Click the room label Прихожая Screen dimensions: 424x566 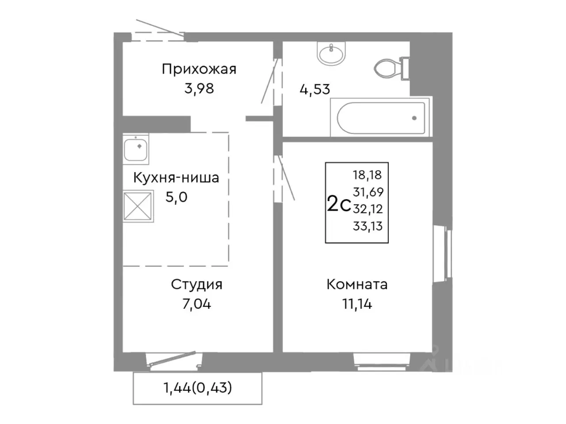[199, 69]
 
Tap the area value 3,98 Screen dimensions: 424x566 [199, 88]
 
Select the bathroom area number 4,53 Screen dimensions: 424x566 [315, 89]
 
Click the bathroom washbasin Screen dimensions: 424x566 [331, 54]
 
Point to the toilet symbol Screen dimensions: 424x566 [391, 68]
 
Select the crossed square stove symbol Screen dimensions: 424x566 [138, 206]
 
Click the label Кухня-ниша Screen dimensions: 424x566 [176, 178]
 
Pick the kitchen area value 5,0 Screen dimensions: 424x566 [176, 197]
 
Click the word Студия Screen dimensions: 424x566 [196, 284]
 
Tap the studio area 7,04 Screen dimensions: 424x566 [196, 304]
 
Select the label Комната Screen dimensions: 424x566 [357, 284]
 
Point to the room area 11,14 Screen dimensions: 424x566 [357, 304]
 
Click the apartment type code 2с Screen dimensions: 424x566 [339, 204]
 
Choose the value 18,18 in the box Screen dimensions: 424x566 [367, 174]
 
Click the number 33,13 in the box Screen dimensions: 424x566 [368, 227]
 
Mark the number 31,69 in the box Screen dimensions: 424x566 [368, 192]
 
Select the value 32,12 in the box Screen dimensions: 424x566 [368, 209]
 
